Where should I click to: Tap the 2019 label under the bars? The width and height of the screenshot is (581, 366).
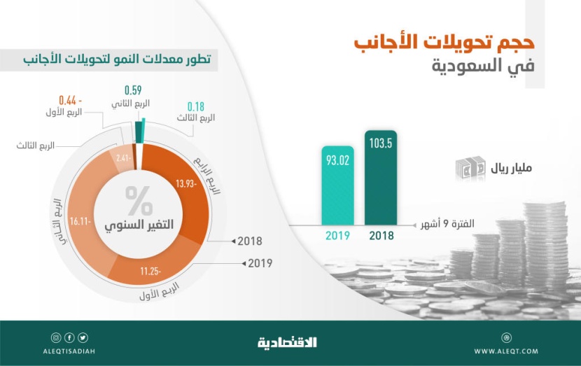tap(338, 235)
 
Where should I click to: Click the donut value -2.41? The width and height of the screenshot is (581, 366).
tap(124, 157)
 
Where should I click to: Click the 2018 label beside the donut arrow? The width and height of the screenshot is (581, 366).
tap(250, 241)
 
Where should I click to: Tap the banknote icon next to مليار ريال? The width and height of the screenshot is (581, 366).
tap(470, 169)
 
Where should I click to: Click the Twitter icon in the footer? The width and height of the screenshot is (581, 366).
tap(83, 337)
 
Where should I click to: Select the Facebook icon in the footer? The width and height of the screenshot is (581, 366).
tap(69, 337)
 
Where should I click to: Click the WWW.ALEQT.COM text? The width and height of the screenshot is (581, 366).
tap(506, 351)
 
